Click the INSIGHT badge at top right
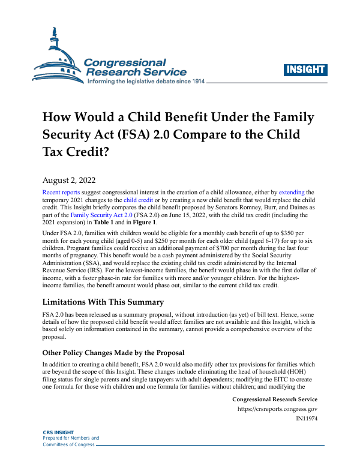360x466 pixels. [305, 70]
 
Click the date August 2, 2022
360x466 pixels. [68, 179]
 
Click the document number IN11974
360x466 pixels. [307, 419]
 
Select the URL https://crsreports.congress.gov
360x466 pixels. [278, 409]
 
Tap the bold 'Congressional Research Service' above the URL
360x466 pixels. [274, 399]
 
